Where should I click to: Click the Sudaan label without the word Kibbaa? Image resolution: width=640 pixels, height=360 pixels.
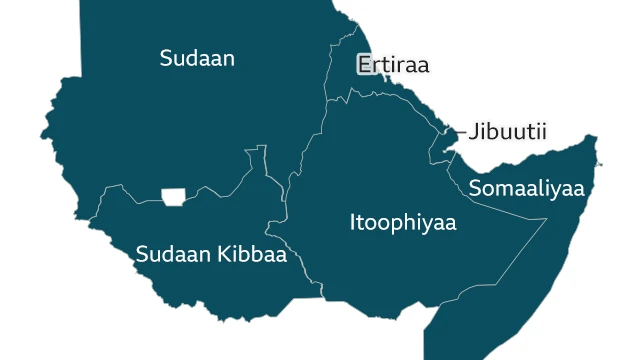(x=197, y=59)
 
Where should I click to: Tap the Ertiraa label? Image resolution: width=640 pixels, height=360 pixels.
(x=393, y=66)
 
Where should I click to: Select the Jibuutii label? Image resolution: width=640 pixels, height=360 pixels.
(x=507, y=132)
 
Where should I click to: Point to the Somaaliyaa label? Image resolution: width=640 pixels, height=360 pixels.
(x=526, y=188)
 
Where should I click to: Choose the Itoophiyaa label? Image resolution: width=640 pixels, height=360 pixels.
(x=402, y=222)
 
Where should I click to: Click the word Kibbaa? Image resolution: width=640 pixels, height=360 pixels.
(x=254, y=254)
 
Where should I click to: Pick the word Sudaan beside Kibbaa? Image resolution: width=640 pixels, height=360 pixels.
(x=174, y=254)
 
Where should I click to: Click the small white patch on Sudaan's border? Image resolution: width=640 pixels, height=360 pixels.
(x=174, y=194)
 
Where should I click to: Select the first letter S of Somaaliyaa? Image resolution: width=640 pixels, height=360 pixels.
(x=475, y=188)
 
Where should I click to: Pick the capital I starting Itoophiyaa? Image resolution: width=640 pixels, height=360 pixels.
(x=352, y=222)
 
